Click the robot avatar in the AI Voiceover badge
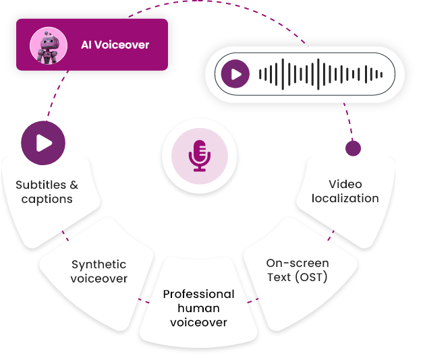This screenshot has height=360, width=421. (47, 45)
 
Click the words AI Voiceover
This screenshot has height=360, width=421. (115, 45)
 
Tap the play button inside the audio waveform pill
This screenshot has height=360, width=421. (235, 74)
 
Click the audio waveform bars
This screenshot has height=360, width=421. (321, 74)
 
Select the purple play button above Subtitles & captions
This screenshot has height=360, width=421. (43, 143)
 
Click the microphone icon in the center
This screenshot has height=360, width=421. (199, 156)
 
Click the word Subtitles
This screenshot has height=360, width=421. (41, 185)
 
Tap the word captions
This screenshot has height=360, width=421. (47, 199)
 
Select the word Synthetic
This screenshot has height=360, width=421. (99, 264)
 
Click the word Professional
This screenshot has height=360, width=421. (199, 294)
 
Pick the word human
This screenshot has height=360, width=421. (199, 308)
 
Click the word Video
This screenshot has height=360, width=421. (345, 184)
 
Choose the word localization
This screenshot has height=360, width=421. (345, 198)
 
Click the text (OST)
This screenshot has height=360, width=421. (310, 277)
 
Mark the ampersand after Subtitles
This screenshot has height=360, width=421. (74, 185)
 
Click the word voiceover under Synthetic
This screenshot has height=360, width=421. (99, 278)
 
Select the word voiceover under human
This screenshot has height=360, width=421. (199, 322)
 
